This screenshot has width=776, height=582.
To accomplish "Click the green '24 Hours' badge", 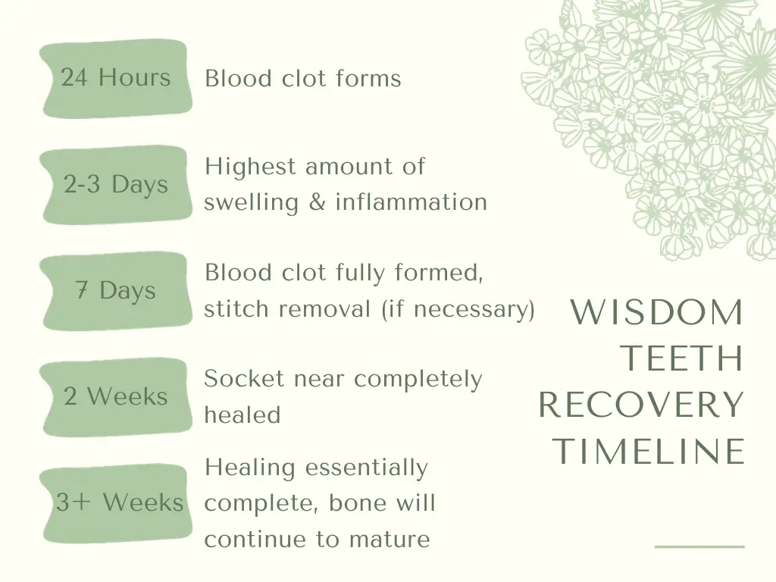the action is (x=116, y=79).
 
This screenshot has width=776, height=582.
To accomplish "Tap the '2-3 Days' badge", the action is (x=116, y=185).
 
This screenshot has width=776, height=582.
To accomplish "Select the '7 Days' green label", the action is (x=116, y=291).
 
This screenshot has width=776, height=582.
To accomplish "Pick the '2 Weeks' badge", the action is (x=116, y=397).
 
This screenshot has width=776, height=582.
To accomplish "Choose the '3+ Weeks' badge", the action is (x=116, y=503).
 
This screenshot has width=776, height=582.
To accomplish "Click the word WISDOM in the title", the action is (x=657, y=312).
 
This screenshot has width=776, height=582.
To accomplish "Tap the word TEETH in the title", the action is (x=682, y=358).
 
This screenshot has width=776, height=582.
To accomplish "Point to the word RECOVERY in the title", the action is (x=641, y=405).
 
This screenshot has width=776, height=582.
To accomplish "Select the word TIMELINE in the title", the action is (x=649, y=451).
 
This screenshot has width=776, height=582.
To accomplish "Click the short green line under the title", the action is (x=699, y=546).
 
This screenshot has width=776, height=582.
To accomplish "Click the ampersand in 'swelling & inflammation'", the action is (x=318, y=202).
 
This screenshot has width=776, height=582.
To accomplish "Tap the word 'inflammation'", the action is (x=411, y=202).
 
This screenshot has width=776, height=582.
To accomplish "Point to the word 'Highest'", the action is (x=250, y=167).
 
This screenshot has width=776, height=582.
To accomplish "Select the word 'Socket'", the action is (x=245, y=379).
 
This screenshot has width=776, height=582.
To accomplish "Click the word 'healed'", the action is (x=242, y=415).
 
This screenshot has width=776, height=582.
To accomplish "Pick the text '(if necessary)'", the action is (x=458, y=309).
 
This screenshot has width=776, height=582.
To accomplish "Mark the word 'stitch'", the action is (x=236, y=308).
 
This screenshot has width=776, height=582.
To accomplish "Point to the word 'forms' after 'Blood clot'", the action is (x=368, y=78).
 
